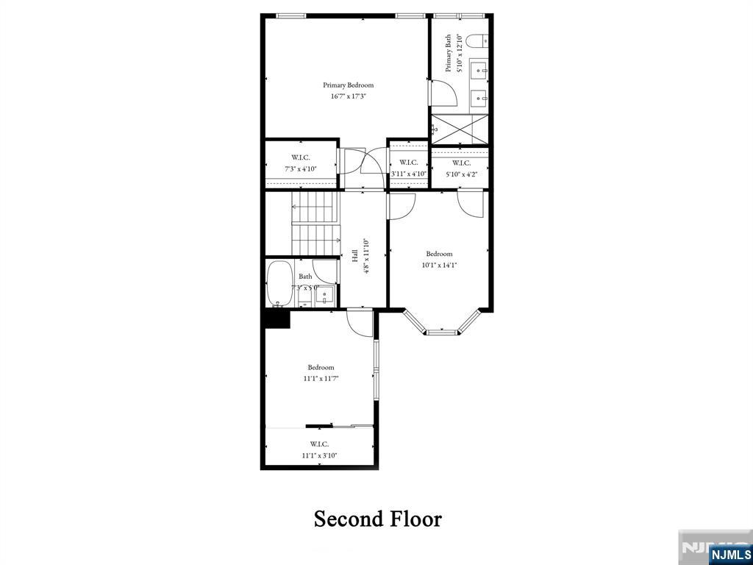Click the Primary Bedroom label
click(348, 85)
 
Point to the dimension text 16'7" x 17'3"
click(348, 96)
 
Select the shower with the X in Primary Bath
click(460, 129)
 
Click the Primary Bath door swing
click(443, 92)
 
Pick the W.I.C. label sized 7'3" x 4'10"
click(300, 157)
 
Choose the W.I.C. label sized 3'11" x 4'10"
click(409, 163)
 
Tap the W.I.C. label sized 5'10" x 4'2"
click(461, 163)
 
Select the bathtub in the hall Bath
click(279, 282)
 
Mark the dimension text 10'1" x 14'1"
click(439, 266)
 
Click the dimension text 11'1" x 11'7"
click(321, 379)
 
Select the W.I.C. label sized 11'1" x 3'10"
click(319, 444)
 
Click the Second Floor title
click(377, 519)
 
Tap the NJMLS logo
click(729, 554)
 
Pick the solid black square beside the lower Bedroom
click(277, 318)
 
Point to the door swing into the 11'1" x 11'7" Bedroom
click(360, 322)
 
